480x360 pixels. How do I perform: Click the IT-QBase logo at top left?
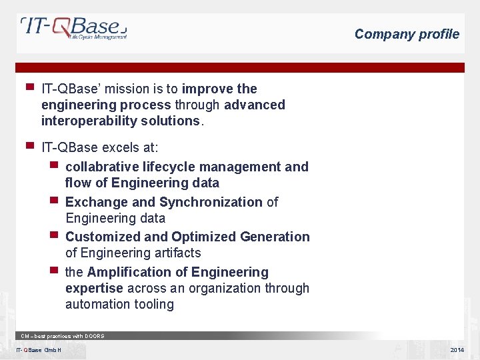(73, 29)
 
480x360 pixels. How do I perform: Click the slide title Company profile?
(407, 34)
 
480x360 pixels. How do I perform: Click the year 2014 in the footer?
(457, 350)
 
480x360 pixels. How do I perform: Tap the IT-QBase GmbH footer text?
(39, 350)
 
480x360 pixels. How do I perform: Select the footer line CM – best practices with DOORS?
(63, 336)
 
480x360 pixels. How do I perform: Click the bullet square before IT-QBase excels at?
(29, 145)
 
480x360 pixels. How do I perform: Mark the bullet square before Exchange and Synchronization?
(53, 200)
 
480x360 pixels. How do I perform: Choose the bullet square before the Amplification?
(53, 270)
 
